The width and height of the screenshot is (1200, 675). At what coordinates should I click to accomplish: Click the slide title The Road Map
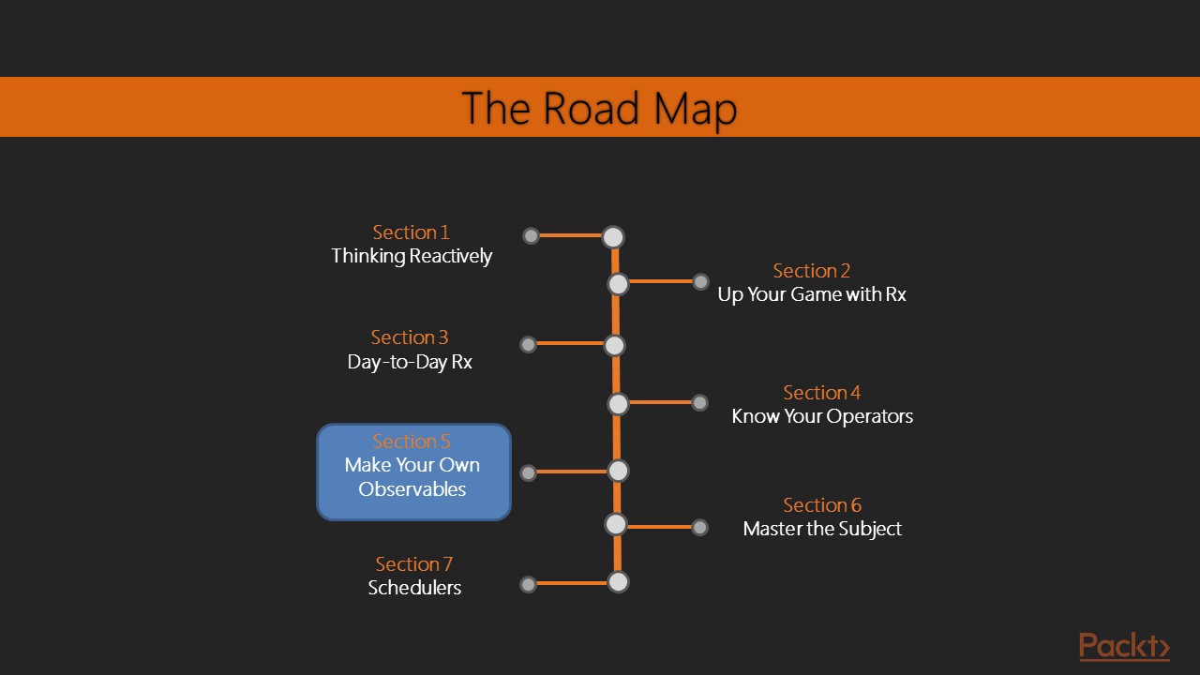coord(599,108)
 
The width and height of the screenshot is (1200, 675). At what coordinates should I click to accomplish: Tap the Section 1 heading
coord(411,232)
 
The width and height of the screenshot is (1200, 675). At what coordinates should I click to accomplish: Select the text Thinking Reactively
coord(412,256)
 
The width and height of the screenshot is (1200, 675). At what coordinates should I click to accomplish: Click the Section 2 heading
coord(811,271)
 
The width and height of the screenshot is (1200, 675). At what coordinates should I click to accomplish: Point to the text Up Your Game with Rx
coord(812,294)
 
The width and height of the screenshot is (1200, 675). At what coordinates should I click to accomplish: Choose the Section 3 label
coord(410,337)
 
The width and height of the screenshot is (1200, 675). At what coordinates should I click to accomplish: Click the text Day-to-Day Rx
coord(410,362)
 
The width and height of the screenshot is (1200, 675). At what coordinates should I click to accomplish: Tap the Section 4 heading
coord(821,393)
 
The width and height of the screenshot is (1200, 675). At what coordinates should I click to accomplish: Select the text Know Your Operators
coord(822,416)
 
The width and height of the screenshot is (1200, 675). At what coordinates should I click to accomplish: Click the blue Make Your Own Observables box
coord(413,472)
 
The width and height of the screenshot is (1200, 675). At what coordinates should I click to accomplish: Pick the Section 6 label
coord(822,505)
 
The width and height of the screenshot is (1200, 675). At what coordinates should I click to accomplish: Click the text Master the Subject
coord(822,529)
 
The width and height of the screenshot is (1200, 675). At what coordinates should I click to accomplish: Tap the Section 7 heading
coord(413,564)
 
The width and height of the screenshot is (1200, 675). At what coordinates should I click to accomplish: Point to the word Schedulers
coord(414,588)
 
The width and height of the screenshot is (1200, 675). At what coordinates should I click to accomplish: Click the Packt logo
coord(1123,646)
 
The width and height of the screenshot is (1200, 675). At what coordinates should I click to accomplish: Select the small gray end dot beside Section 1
coord(531,235)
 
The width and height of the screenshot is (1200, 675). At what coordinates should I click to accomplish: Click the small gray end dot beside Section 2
coord(700,281)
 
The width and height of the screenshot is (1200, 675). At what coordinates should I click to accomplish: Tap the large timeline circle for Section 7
coord(617,582)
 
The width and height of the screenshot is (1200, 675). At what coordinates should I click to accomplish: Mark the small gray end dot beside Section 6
coord(699,527)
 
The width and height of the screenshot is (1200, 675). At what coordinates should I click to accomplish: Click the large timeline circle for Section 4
coord(618,404)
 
